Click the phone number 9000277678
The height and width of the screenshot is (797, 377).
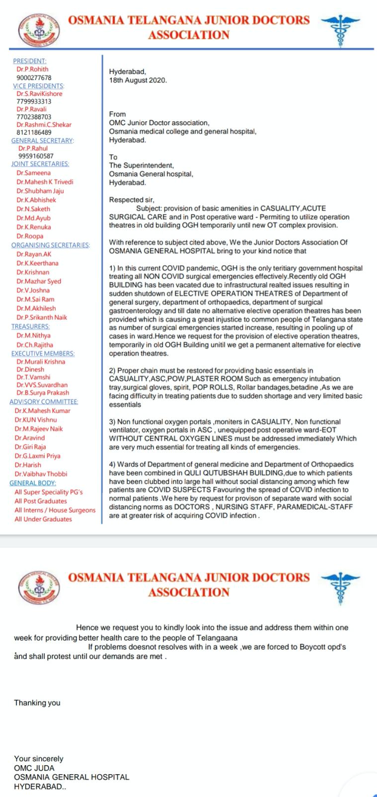coord(34,78)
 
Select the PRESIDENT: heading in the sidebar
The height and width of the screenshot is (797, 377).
coord(29,61)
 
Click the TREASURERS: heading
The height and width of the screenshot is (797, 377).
coord(30,326)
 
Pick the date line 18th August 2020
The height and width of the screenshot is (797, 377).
coord(138,80)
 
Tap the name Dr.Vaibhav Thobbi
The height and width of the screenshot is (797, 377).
coord(41,474)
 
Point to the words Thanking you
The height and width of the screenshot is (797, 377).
coord(37,702)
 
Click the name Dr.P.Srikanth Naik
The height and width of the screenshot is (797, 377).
coord(42,317)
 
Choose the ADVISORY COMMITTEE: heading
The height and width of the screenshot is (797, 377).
coord(44,401)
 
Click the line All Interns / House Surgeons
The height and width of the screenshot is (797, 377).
coord(55,510)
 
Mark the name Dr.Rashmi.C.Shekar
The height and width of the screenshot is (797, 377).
coord(44,125)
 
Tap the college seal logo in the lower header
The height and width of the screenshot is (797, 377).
coord(38,586)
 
